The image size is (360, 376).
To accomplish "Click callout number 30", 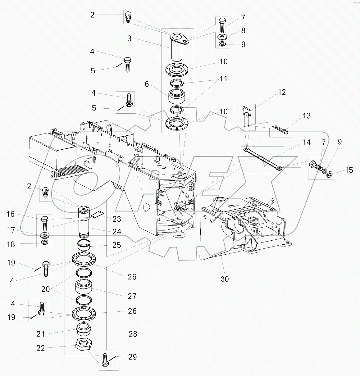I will pyautogui.click(x=225, y=279).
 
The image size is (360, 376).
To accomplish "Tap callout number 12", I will pyautogui.click(x=282, y=92).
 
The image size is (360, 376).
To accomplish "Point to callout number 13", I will pyautogui.click(x=307, y=116).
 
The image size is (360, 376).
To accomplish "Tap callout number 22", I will pyautogui.click(x=41, y=348).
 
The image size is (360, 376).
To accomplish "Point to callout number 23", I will pyautogui.click(x=117, y=219).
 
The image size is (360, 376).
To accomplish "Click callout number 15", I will pyautogui.click(x=349, y=170).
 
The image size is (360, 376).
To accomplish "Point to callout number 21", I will pyautogui.click(x=41, y=334).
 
